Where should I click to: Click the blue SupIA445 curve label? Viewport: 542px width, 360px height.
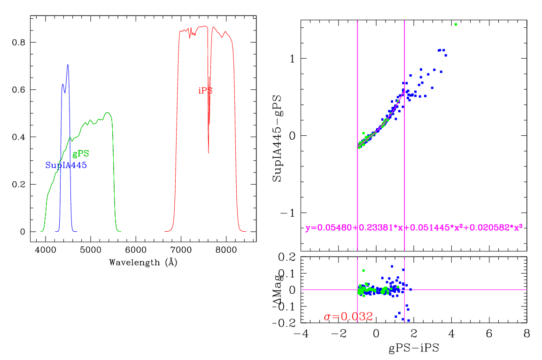66,165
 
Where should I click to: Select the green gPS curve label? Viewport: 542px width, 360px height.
81,154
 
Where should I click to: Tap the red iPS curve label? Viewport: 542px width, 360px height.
205,91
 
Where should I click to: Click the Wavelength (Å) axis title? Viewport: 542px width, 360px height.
143,262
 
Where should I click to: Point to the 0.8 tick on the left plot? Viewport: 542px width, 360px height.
19,42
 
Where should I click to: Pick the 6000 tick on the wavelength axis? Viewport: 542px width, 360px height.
136,250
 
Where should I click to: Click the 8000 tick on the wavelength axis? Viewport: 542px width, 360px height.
226,250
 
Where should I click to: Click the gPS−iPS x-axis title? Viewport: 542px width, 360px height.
414,349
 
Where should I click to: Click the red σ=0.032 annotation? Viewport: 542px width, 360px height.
348,316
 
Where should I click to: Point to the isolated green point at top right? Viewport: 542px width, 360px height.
456,24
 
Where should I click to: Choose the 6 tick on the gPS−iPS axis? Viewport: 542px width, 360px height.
489,333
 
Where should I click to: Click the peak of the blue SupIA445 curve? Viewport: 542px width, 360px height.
68,65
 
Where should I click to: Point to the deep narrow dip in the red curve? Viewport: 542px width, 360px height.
209,152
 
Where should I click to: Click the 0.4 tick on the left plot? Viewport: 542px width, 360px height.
19,137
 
